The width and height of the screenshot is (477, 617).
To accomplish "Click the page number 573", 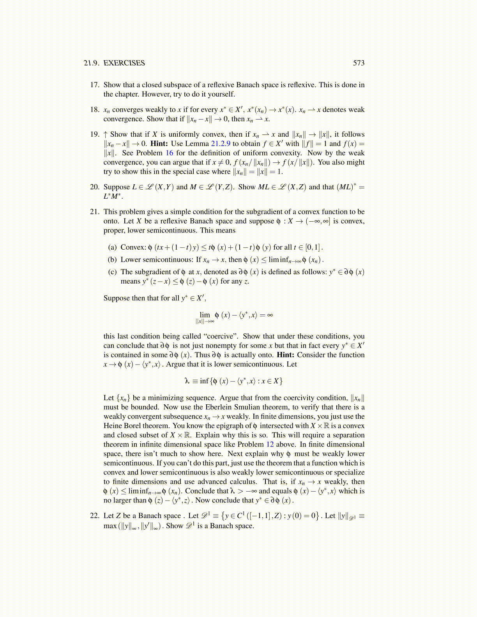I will pos(359,63).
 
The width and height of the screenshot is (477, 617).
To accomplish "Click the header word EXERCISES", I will pos(124,63).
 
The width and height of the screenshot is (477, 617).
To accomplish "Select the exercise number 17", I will pos(95,85).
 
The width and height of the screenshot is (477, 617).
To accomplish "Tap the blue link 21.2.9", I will pos(221,144).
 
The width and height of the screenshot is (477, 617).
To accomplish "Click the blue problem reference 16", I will pos(170,153).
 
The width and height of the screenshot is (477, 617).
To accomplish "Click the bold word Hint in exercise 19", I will pos(159,144).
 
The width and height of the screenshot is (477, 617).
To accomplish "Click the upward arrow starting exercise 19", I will pos(106,134).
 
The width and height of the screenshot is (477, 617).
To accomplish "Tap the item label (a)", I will pos(112,247).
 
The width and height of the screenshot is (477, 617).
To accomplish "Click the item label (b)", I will pos(112,260).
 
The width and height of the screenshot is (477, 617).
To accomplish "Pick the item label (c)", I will pos(112,272).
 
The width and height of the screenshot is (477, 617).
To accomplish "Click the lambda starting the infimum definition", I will pos(187,381).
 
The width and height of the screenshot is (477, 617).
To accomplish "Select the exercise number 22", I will pos(95,516).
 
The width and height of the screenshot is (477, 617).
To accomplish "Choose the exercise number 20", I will pos(95,187).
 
